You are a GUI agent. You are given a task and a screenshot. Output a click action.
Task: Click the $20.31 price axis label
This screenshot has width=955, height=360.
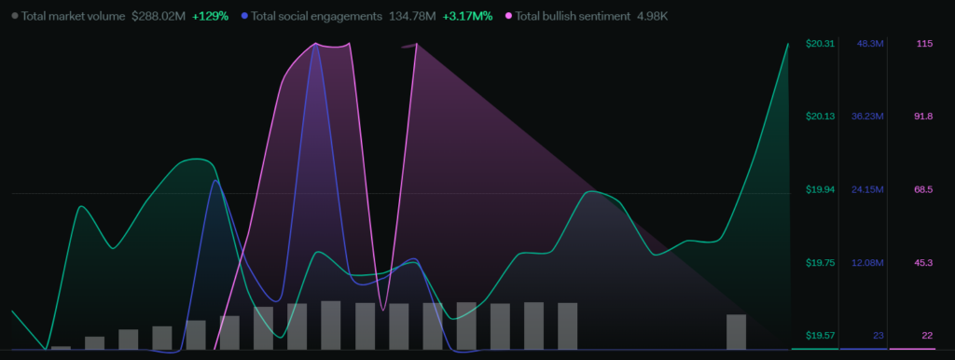(x=818, y=43)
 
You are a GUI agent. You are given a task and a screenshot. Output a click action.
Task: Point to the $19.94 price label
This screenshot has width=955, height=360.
(x=818, y=189)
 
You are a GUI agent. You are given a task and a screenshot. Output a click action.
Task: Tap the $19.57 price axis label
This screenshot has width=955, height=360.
(x=818, y=336)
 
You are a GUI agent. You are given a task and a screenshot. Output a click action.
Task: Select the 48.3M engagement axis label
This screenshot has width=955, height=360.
(x=870, y=43)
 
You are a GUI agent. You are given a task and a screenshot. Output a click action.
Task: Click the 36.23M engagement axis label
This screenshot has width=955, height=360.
(x=867, y=117)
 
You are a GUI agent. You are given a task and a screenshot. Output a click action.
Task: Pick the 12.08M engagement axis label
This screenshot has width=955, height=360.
(x=867, y=262)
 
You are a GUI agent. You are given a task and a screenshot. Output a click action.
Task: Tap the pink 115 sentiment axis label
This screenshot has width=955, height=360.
(x=924, y=43)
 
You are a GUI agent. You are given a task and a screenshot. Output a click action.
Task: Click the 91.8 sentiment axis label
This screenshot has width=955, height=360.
(x=923, y=117)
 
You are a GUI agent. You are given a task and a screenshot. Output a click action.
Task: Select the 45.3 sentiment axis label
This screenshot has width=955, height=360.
(x=923, y=262)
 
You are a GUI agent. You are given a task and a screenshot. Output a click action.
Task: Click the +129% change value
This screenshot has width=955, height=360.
(x=210, y=17)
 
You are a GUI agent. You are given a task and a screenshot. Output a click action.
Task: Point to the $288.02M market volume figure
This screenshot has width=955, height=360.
(x=159, y=17)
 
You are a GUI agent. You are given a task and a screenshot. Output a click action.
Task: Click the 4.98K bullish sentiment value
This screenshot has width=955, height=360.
(x=652, y=17)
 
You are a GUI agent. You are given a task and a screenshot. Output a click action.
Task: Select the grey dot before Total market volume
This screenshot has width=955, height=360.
(x=15, y=16)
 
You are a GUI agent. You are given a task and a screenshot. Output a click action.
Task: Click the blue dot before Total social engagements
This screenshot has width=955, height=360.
(x=244, y=16)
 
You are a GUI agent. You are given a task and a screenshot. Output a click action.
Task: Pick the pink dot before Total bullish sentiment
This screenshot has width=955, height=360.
(x=508, y=16)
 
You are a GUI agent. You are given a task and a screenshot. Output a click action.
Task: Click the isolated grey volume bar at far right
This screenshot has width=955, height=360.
(x=737, y=332)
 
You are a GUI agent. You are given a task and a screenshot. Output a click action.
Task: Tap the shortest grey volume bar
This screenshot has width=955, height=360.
(x=61, y=348)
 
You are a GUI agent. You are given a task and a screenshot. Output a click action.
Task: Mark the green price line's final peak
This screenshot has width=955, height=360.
(x=788, y=44)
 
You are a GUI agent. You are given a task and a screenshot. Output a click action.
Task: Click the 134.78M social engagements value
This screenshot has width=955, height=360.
(x=412, y=17)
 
